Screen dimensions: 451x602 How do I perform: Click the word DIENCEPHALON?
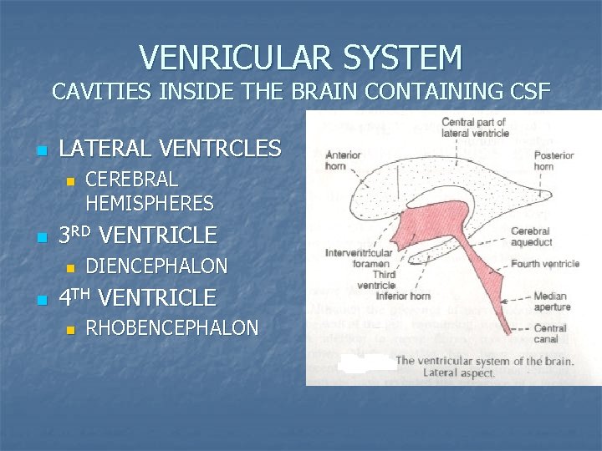156,266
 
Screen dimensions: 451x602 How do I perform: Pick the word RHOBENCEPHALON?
172,328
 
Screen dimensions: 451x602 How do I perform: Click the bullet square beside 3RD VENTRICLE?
39,237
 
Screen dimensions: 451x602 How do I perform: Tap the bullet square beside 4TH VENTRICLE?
39,299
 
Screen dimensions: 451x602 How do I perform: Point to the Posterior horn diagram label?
554,160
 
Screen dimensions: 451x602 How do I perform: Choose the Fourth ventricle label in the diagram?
545,264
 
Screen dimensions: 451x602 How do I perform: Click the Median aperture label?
550,301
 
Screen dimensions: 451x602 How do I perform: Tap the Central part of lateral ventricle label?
474,127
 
